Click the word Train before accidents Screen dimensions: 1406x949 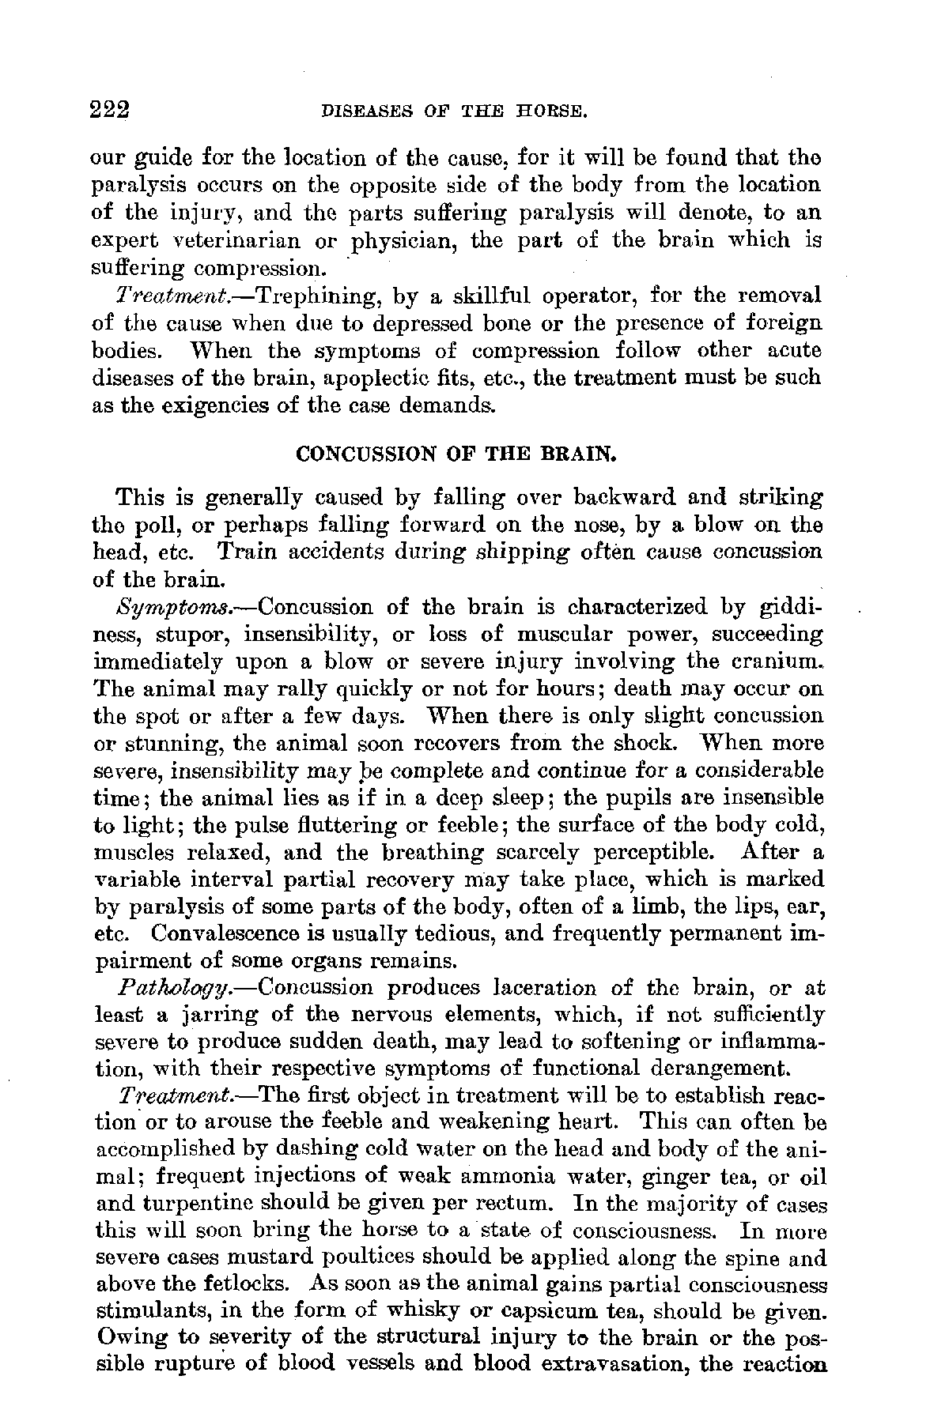252,552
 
